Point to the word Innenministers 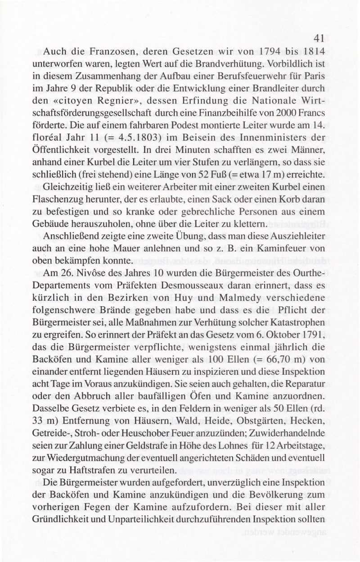point(267,143)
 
